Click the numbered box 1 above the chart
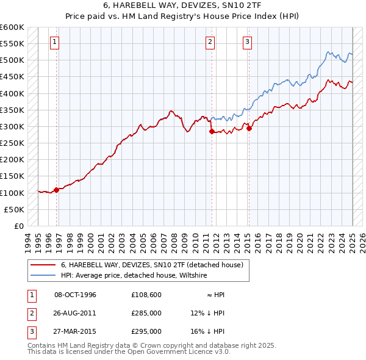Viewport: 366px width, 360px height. pyautogui.click(x=55, y=42)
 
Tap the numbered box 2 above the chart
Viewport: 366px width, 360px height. pyautogui.click(x=210, y=42)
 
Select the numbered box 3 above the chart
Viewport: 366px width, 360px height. pyautogui.click(x=247, y=42)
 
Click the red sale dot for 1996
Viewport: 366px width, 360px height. pyautogui.click(x=57, y=190)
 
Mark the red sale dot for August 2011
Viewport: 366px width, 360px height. pyautogui.click(x=212, y=131)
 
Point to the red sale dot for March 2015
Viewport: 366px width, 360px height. pyautogui.click(x=249, y=128)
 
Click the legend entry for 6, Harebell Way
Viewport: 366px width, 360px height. pyautogui.click(x=152, y=265)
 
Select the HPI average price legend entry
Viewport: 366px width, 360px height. pyautogui.click(x=134, y=275)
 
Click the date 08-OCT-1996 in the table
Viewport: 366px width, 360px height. pyautogui.click(x=75, y=295)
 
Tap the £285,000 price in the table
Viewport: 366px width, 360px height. pyautogui.click(x=146, y=313)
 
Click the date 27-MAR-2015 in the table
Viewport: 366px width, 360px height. pyautogui.click(x=75, y=331)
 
